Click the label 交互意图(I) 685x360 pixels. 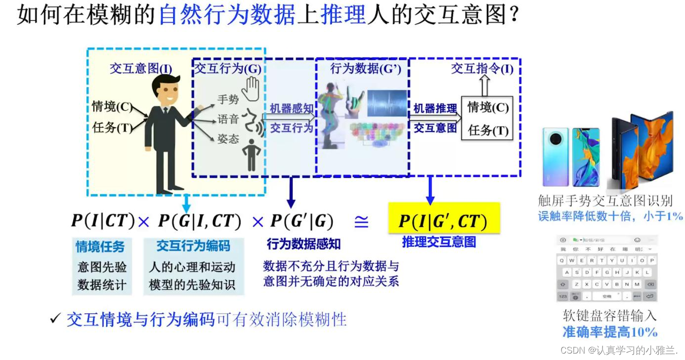[141, 69]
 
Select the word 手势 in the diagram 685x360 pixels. [228, 99]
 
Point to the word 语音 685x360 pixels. [228, 119]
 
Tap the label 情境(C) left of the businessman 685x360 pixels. [112, 106]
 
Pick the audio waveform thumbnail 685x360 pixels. [387, 103]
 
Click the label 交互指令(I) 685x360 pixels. [482, 69]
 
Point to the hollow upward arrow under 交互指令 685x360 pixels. [484, 87]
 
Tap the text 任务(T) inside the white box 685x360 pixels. [488, 130]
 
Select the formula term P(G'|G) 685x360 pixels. [302, 222]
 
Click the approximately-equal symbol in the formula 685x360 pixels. [361, 222]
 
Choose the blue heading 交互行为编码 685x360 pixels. [193, 246]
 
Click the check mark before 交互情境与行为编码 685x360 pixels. [55, 319]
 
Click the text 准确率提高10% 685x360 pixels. [609, 332]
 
